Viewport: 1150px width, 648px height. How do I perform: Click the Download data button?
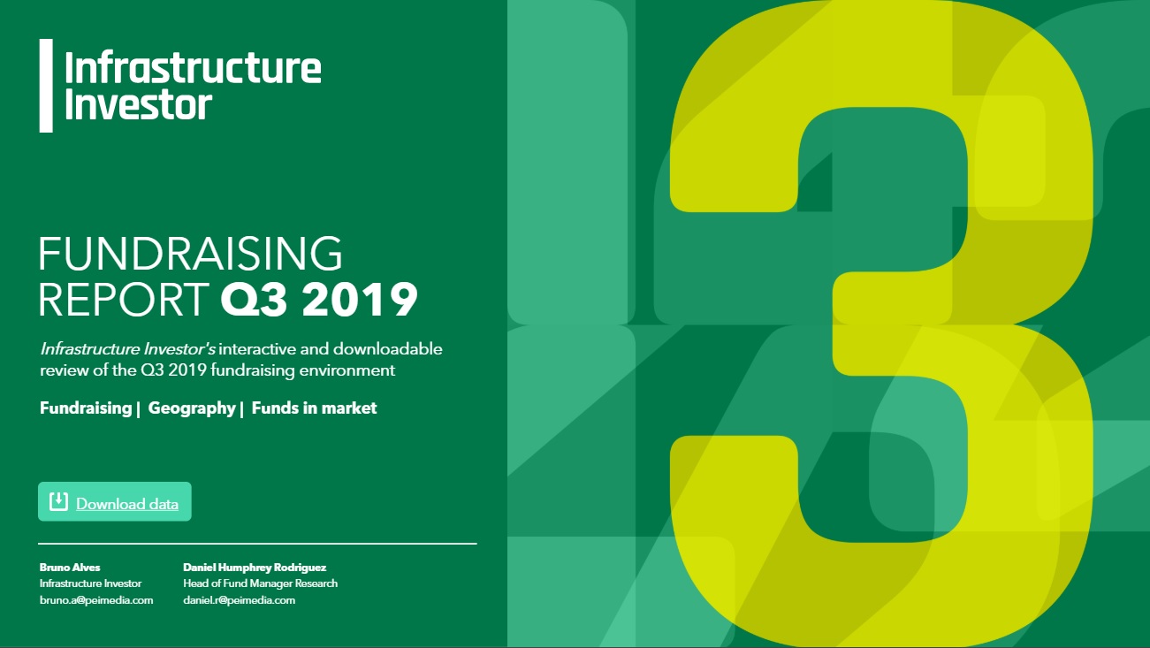[x=115, y=502]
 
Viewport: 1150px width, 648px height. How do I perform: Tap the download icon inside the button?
[x=58, y=502]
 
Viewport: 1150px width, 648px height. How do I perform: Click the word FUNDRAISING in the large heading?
[x=190, y=255]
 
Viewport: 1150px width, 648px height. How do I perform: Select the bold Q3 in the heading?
[x=255, y=300]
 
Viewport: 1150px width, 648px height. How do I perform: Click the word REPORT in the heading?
[x=123, y=300]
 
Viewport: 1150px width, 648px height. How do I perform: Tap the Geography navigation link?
[x=191, y=408]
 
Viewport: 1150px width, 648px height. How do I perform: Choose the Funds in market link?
[x=314, y=408]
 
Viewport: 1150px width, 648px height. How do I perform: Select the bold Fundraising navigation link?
[x=85, y=408]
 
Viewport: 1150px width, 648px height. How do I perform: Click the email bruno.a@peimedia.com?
[x=96, y=600]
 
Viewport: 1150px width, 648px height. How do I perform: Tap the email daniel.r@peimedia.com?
[x=239, y=600]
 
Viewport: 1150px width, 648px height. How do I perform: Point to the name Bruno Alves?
[x=70, y=568]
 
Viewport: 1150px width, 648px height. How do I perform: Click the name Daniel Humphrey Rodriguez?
[x=255, y=568]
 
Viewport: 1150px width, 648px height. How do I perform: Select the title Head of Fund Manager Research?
[x=260, y=583]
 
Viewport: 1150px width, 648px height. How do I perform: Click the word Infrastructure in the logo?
[x=193, y=68]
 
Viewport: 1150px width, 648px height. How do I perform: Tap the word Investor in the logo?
[x=138, y=103]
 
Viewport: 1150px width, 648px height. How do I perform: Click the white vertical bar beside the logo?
[x=46, y=86]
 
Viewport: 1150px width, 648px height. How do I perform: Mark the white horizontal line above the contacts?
[x=257, y=543]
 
